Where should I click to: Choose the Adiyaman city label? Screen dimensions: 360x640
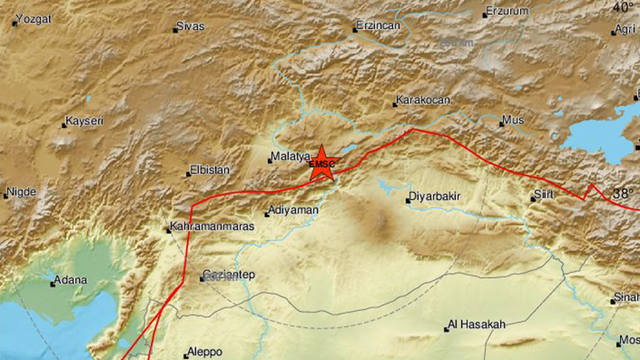pyautogui.click(x=294, y=211)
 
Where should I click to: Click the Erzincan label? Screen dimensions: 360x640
pyautogui.click(x=379, y=26)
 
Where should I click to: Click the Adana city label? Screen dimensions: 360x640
pyautogui.click(x=71, y=280)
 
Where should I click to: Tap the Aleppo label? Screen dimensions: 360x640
pyautogui.click(x=205, y=352)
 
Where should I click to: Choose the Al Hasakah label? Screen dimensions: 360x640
pyautogui.click(x=477, y=325)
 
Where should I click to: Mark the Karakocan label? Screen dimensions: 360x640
pyautogui.click(x=423, y=101)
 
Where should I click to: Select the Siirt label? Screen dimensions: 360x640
pyautogui.click(x=543, y=197)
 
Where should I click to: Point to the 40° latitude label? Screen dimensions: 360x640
pyautogui.click(x=623, y=7)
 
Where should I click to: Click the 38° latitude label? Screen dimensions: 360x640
pyautogui.click(x=623, y=194)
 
